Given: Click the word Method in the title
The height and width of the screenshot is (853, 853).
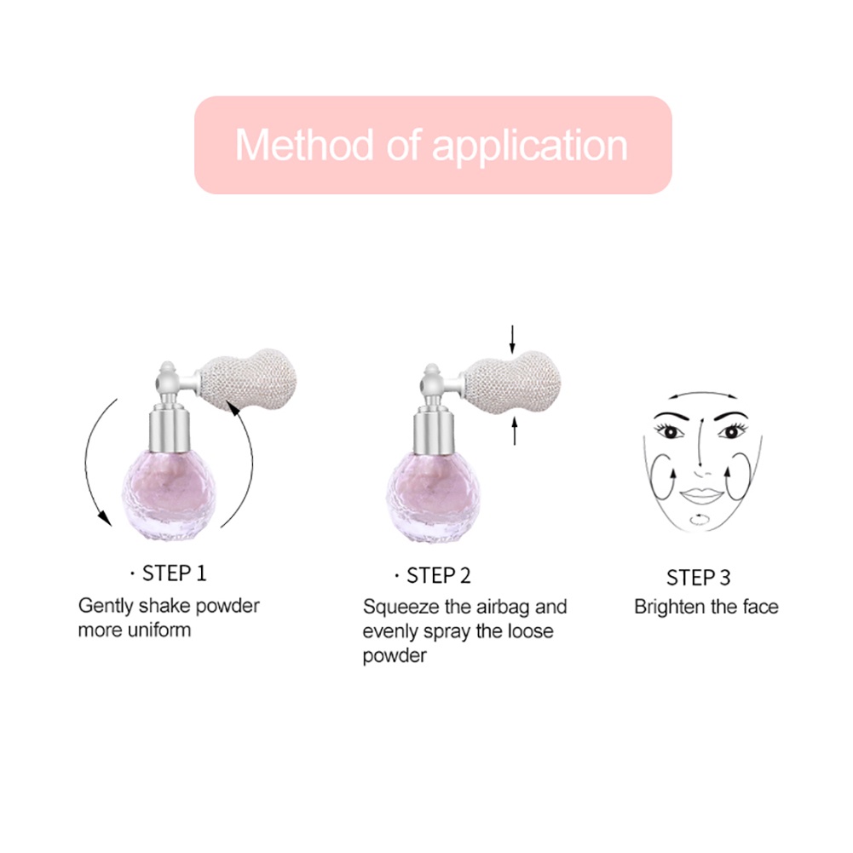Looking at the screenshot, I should pyautogui.click(x=304, y=145).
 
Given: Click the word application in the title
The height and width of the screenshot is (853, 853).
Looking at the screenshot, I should pyautogui.click(x=530, y=147).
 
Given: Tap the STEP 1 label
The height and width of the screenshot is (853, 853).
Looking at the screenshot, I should pyautogui.click(x=174, y=573).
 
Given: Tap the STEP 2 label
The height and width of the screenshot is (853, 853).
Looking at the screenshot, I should pyautogui.click(x=438, y=575).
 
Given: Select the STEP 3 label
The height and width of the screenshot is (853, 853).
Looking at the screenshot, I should pyautogui.click(x=698, y=578).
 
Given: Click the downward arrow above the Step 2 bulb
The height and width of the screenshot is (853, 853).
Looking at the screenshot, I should pyautogui.click(x=512, y=337).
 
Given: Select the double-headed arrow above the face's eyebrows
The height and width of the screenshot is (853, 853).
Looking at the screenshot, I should pyautogui.click(x=700, y=396).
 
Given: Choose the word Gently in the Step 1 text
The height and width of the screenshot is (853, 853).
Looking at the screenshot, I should pyautogui.click(x=104, y=607).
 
